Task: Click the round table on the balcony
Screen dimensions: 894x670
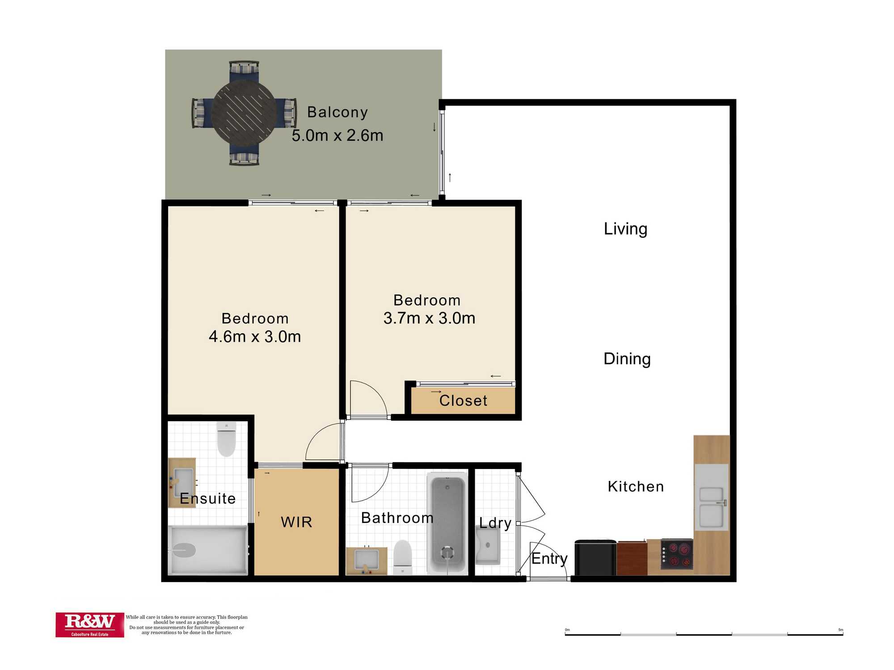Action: point(244,113)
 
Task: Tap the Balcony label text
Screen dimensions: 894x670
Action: point(337,112)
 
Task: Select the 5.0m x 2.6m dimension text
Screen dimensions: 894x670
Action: point(337,135)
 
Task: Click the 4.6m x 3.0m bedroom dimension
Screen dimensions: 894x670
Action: point(255,336)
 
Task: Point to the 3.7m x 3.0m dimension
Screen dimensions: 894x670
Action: point(429,318)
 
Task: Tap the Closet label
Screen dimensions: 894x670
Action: point(463,401)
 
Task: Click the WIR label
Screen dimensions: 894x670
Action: point(296,522)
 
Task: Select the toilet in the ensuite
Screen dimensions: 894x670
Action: point(226,439)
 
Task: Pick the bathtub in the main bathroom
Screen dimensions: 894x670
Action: point(447,523)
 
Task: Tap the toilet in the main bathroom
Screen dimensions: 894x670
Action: point(403,557)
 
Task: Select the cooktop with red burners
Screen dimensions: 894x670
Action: point(677,554)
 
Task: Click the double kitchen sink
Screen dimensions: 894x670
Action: point(711,507)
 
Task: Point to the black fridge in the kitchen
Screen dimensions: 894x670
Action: point(595,557)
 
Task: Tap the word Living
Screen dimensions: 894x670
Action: point(625,229)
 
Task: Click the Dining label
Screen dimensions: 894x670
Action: point(627,359)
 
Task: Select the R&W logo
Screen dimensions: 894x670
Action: point(90,624)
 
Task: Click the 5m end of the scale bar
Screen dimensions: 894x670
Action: point(843,634)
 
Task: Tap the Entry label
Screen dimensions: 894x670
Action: point(549,559)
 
